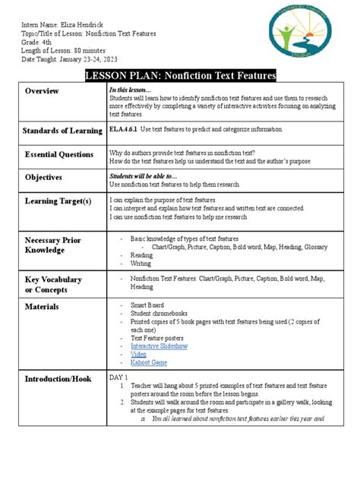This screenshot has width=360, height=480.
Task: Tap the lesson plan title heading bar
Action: pos(180,75)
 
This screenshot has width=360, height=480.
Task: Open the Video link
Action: pos(138,354)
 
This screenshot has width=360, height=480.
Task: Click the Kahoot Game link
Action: pos(148,363)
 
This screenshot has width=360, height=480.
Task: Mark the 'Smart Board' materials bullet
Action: pos(147,306)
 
